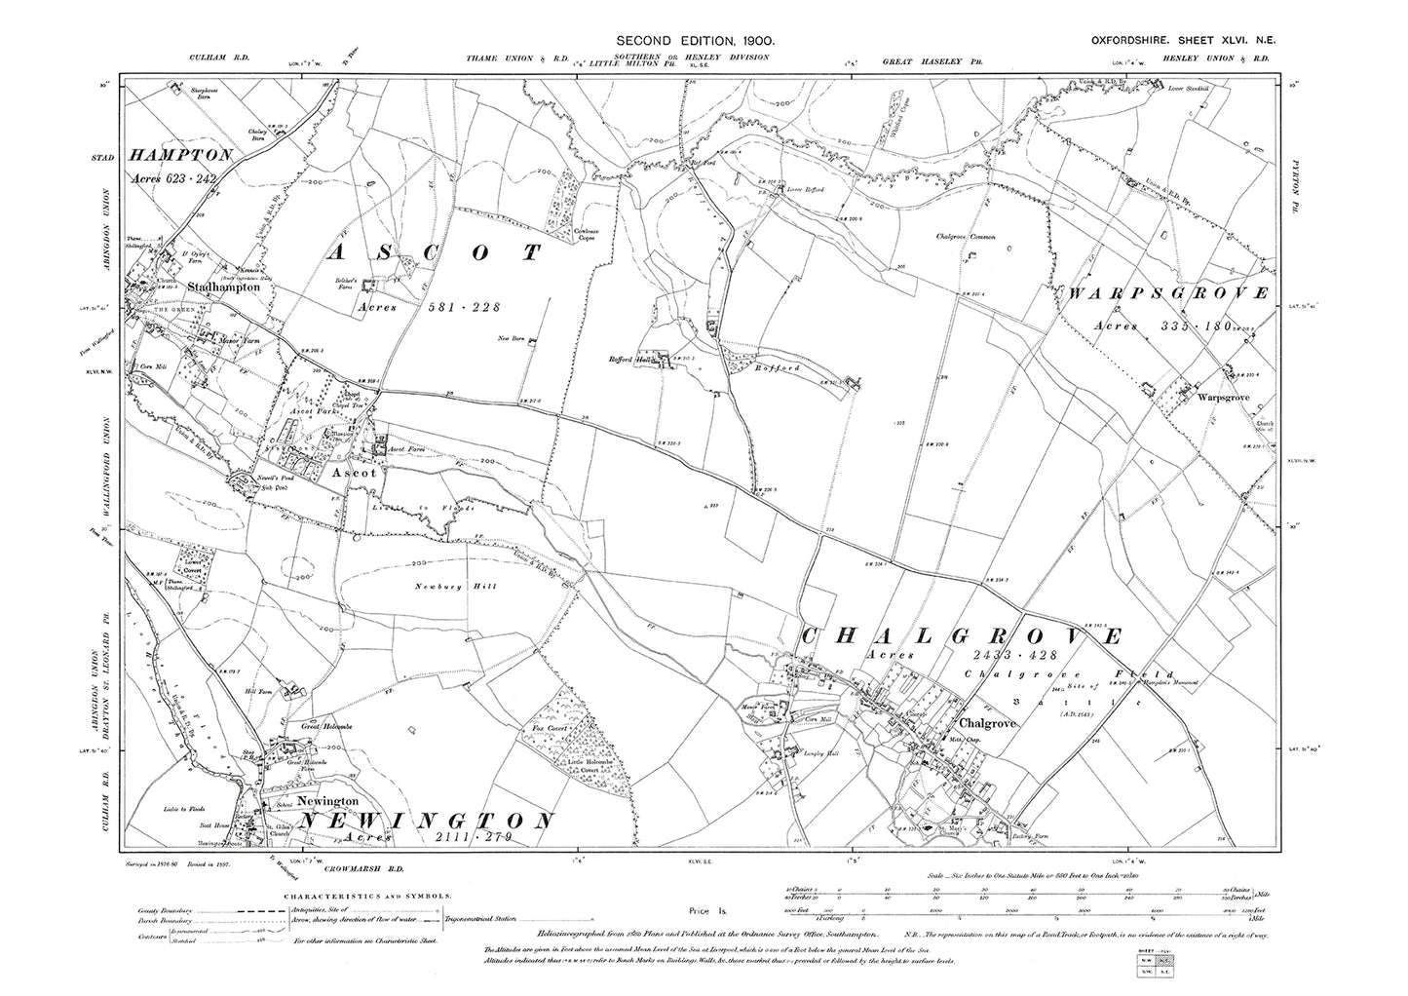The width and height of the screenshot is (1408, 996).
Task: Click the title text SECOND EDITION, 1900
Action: tap(696, 40)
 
